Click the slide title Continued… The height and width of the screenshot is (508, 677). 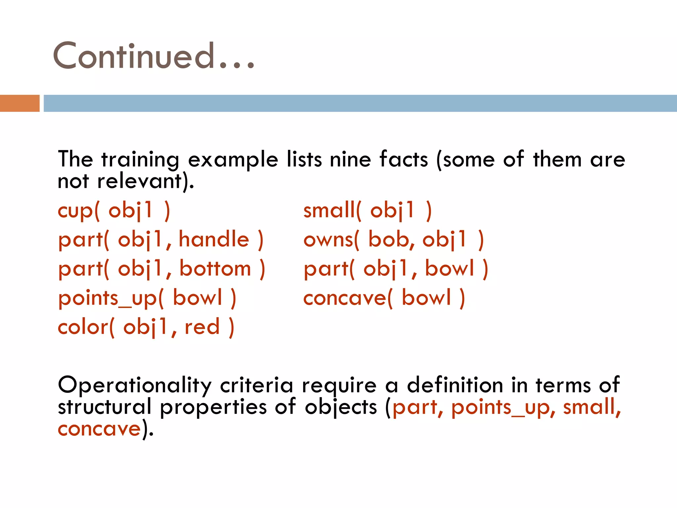[154, 56]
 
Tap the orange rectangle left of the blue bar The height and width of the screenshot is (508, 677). [20, 103]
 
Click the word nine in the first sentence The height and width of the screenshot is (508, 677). [350, 159]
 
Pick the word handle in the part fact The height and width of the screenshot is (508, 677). [214, 239]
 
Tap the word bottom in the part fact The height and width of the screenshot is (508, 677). [215, 269]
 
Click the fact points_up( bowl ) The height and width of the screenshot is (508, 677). [147, 298]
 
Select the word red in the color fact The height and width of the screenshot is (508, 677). [202, 327]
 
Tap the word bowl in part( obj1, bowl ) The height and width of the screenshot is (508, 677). [450, 269]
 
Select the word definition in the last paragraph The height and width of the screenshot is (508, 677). [455, 386]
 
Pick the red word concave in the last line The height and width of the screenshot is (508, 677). [100, 429]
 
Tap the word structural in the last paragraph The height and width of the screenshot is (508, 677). [104, 407]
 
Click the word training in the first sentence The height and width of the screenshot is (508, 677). [140, 160]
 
